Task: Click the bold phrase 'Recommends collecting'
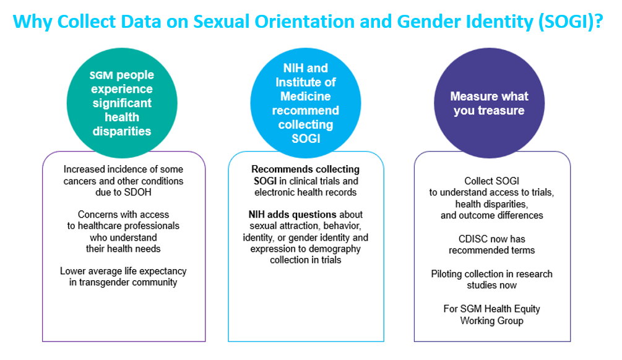click(x=305, y=169)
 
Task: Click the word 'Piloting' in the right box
click(x=449, y=273)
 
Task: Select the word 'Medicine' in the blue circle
click(x=305, y=96)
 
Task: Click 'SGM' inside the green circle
click(x=101, y=75)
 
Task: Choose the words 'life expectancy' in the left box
click(x=155, y=271)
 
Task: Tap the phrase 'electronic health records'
click(x=306, y=192)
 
